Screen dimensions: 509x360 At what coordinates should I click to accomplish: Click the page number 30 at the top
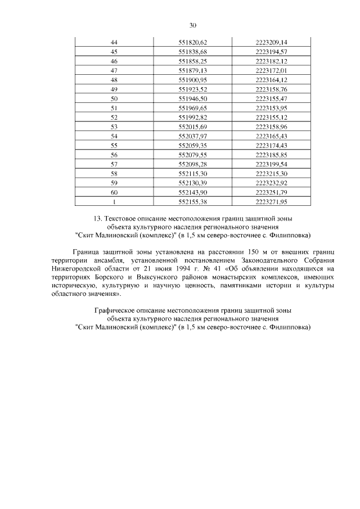coord(192,25)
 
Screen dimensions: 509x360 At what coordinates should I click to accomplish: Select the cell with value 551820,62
coord(193,42)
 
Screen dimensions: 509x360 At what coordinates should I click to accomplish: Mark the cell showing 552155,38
coord(193,201)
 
